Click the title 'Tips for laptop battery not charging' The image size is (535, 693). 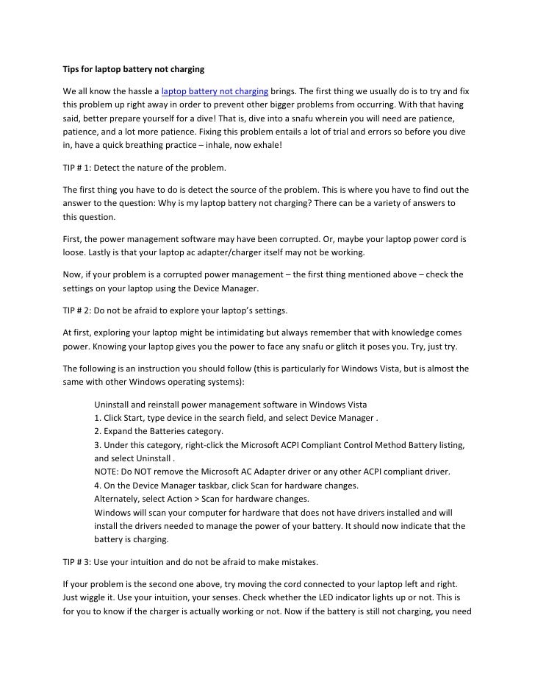click(132, 70)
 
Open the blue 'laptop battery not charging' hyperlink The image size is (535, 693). click(215, 91)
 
